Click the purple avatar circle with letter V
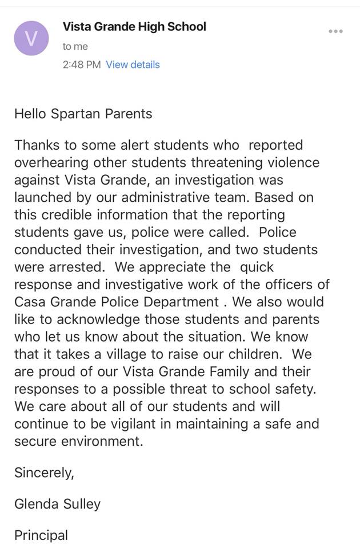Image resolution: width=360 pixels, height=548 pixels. (x=31, y=38)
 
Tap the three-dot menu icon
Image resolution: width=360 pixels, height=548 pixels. (x=335, y=31)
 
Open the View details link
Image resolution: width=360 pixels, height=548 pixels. (x=133, y=65)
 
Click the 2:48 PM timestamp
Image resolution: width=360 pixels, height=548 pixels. (x=82, y=65)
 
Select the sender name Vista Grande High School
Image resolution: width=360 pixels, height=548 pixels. (x=134, y=26)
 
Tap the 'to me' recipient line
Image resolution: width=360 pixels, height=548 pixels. (x=75, y=46)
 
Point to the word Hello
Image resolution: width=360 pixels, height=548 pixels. (x=30, y=114)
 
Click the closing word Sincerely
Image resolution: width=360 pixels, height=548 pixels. (x=44, y=473)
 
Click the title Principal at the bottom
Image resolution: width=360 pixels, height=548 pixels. (x=41, y=535)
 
